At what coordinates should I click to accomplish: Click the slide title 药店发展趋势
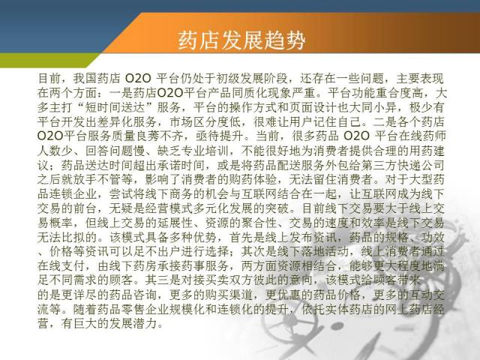(x=241, y=40)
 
